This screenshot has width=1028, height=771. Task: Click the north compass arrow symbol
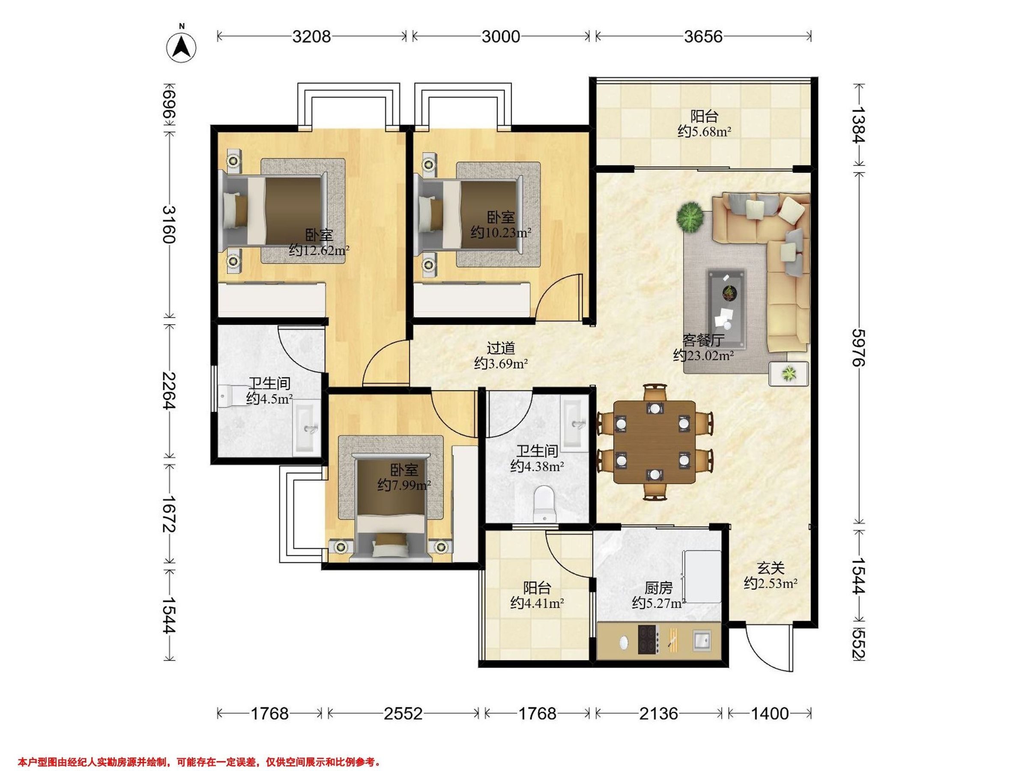click(x=181, y=47)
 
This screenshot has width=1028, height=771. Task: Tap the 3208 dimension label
click(x=311, y=36)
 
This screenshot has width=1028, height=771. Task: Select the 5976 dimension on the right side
click(x=860, y=348)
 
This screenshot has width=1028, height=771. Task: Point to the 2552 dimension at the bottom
click(x=403, y=713)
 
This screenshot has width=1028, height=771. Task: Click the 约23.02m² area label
click(x=704, y=356)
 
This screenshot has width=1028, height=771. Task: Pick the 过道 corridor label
click(x=501, y=348)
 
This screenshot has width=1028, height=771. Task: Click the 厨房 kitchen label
click(x=658, y=589)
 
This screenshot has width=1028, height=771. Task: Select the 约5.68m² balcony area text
click(x=705, y=132)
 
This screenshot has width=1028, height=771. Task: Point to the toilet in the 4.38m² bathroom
click(x=544, y=503)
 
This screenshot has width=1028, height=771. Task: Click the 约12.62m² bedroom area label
click(x=319, y=251)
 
